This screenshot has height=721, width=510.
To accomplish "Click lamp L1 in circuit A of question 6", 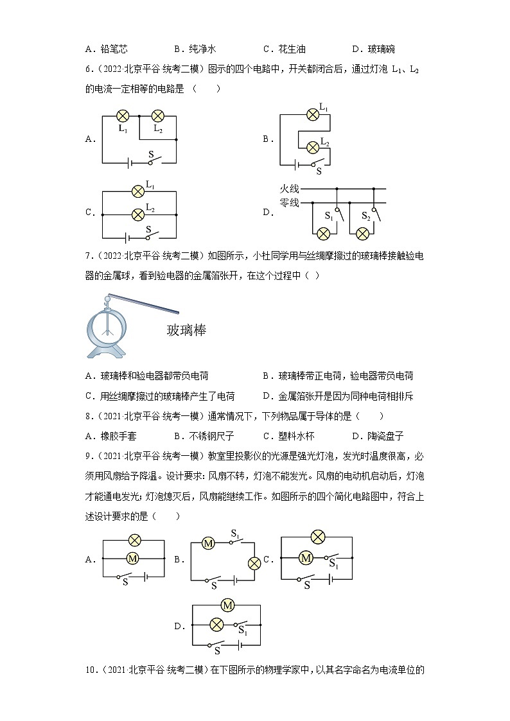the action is (123, 116).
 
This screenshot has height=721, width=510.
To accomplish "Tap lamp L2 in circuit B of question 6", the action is (312, 147).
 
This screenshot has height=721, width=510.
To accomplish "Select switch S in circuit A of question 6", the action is (152, 161).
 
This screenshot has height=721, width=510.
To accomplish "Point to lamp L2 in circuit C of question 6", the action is (137, 214).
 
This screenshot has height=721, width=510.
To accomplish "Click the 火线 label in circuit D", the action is (290, 189).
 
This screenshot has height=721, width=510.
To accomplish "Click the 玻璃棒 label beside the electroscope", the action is (186, 330).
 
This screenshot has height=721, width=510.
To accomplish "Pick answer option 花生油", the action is (292, 49).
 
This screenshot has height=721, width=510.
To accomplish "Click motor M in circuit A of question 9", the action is (132, 559).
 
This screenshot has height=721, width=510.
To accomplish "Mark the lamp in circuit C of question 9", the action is (317, 537).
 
